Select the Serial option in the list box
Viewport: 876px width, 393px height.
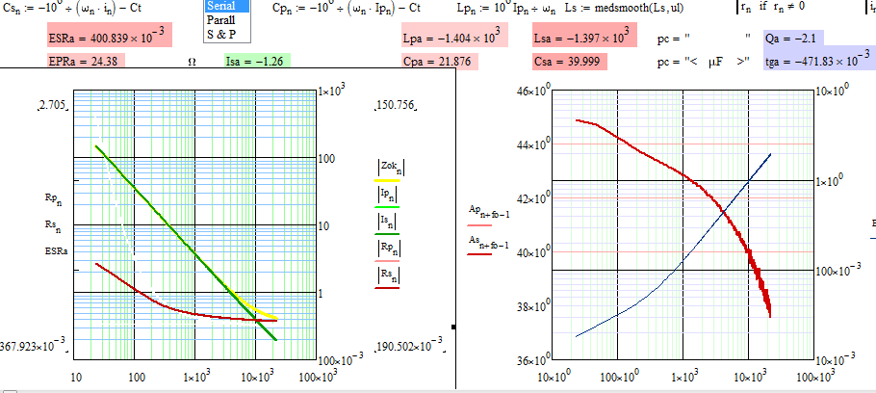226,6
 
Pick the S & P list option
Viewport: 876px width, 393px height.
224,34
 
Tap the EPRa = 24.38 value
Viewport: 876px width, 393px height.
83,61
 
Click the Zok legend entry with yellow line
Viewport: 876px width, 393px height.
388,170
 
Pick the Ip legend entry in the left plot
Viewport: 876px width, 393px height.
387,196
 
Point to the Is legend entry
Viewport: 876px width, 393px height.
387,223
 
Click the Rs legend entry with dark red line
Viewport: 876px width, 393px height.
387,276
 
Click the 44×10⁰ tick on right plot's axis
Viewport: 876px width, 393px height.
531,144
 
